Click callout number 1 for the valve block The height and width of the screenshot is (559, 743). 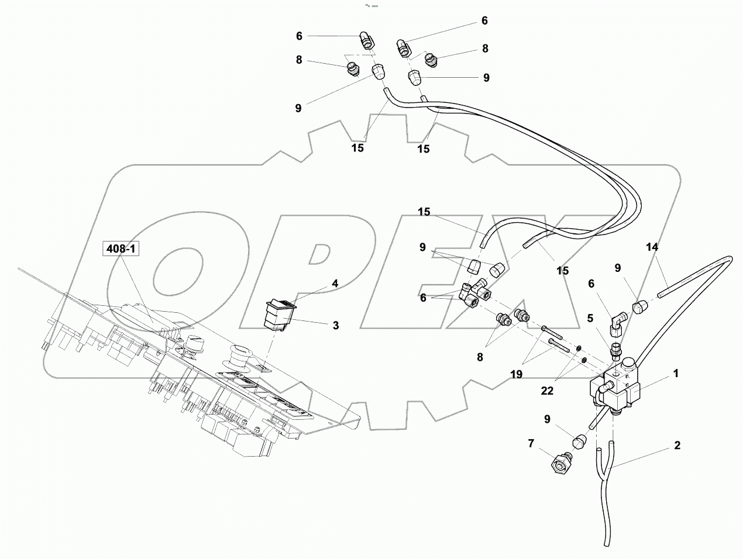click(x=675, y=373)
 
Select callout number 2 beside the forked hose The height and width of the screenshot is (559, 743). click(x=677, y=446)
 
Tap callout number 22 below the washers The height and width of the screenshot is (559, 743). click(x=546, y=391)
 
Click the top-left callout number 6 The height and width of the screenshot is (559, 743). click(x=299, y=36)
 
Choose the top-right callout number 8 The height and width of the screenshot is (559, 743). click(x=485, y=49)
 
